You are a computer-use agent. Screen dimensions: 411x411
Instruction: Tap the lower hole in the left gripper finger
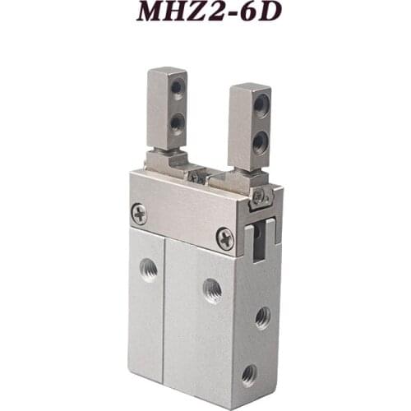[x=176, y=123]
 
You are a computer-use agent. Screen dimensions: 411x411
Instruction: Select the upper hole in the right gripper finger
[x=260, y=104]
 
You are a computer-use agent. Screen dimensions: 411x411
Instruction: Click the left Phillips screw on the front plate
[x=140, y=214]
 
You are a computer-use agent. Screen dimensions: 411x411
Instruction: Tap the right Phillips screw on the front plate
[x=224, y=238]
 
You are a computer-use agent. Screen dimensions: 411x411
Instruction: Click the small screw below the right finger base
[x=258, y=196]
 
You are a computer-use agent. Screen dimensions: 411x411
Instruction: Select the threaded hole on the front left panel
[x=149, y=269]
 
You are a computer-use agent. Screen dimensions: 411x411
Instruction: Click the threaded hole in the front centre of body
[x=212, y=289]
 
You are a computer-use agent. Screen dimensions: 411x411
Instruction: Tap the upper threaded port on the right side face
[x=262, y=316]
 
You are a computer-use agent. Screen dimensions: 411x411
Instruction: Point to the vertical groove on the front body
[x=165, y=312]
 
